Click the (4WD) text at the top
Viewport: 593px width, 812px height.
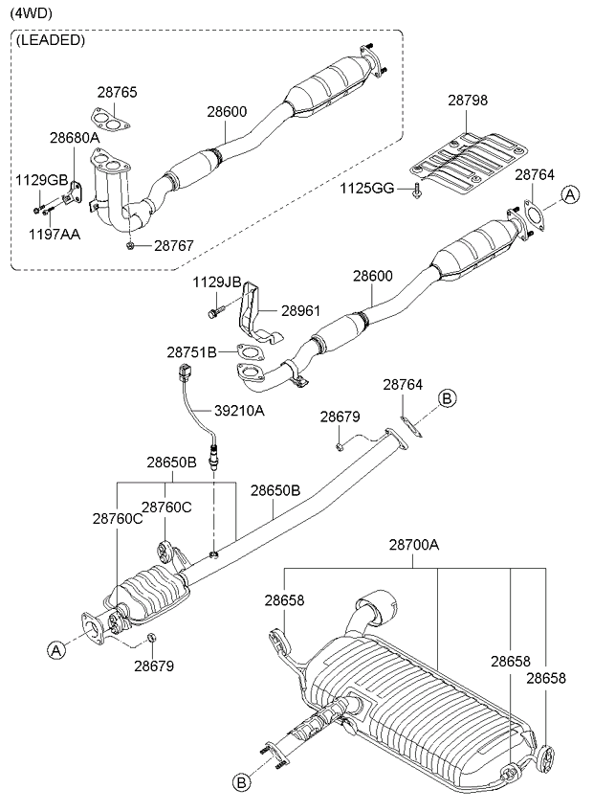coord(31,14)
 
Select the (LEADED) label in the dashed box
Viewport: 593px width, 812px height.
coord(50,41)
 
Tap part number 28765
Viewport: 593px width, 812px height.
coord(117,93)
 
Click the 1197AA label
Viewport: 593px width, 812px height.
coord(55,235)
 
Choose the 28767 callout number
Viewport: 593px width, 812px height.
coord(174,245)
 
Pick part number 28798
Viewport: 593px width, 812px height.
coord(468,100)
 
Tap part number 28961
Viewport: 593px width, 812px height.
coord(300,310)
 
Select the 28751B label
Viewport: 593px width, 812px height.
coord(191,352)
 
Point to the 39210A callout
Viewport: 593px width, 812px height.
coord(239,411)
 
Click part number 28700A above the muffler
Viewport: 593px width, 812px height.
coord(414,545)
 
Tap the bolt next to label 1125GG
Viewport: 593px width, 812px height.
coord(415,191)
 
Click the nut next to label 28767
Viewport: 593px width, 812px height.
coord(131,245)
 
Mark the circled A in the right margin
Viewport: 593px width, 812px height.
coord(570,194)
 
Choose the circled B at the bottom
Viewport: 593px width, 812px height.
coord(241,783)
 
